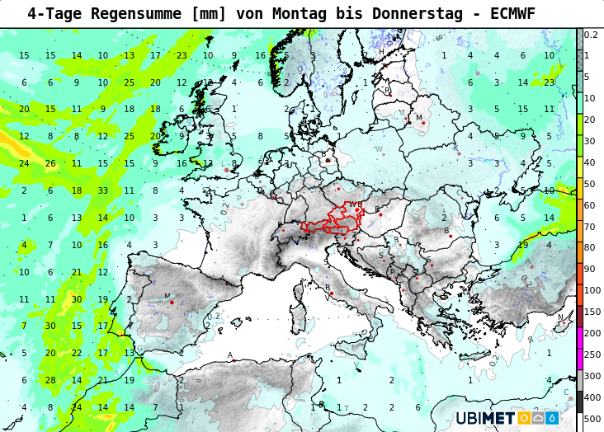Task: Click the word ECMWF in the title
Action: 512,13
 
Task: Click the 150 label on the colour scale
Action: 592,312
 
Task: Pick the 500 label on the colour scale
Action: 592,419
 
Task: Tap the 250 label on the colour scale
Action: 592,355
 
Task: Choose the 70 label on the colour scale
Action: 589,226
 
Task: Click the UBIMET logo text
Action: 485,418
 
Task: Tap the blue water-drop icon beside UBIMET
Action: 551,418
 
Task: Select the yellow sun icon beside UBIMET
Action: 523,418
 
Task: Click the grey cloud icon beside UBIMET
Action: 537,418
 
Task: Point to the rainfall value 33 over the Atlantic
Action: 102,190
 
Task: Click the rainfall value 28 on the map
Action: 50,380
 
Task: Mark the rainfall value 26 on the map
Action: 50,163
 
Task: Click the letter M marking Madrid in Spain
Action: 167,297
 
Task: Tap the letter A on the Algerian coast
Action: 230,355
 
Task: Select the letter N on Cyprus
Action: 560,317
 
